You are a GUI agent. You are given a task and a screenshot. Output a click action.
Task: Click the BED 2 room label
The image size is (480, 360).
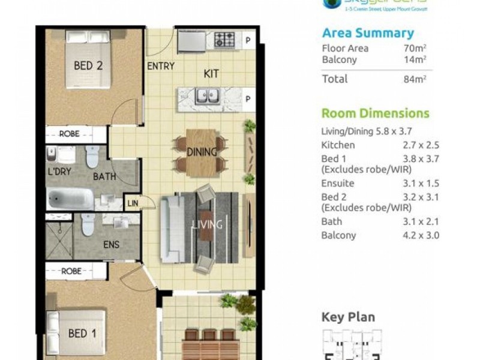(88, 66)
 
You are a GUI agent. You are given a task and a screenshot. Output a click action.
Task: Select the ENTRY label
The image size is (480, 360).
(160, 66)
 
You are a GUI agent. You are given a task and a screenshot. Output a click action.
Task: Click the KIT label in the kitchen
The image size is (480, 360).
(211, 74)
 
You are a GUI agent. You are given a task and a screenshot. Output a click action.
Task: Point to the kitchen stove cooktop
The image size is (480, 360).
(225, 40)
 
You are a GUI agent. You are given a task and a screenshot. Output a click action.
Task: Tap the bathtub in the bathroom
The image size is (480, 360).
(70, 199)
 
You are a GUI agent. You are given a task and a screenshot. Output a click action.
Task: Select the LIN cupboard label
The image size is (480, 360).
(133, 204)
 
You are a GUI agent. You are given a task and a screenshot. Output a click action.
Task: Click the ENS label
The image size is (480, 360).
(111, 244)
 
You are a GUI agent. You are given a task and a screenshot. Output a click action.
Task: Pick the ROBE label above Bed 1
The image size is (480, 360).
(71, 271)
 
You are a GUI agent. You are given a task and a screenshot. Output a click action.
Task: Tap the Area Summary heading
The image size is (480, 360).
(368, 33)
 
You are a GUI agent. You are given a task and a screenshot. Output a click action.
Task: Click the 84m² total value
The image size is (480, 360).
(415, 79)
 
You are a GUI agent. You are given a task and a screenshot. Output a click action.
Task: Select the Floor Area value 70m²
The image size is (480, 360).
(415, 49)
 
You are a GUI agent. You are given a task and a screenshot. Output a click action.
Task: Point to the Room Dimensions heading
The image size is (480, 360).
(376, 113)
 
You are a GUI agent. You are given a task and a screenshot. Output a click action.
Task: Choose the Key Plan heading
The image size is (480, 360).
(348, 317)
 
